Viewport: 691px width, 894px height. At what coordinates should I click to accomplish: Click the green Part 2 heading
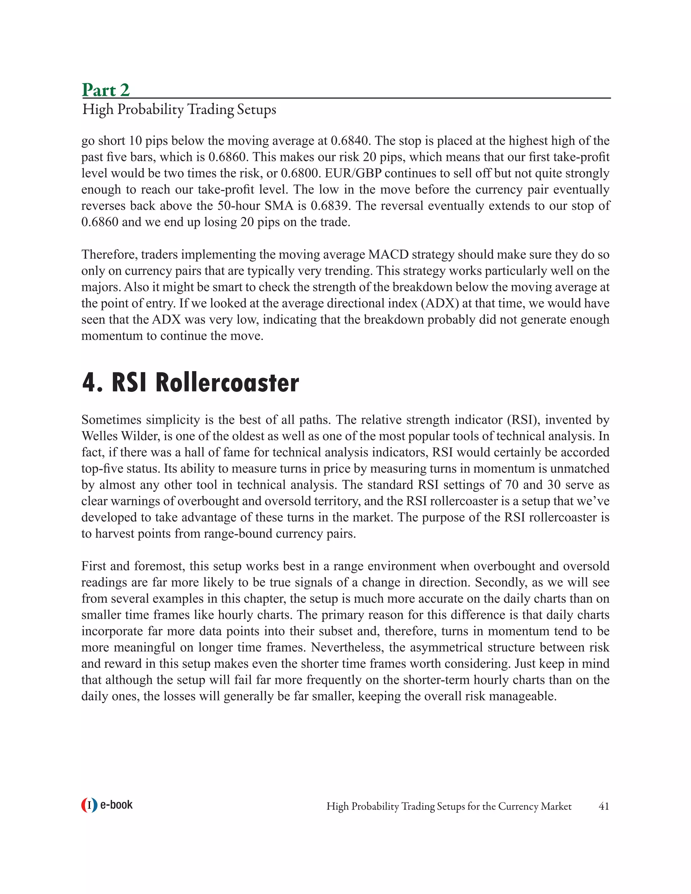(x=106, y=90)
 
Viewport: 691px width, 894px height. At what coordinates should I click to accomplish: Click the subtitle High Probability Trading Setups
(x=179, y=110)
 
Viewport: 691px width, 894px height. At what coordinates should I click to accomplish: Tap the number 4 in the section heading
(x=90, y=383)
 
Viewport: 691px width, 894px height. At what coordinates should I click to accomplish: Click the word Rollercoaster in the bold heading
(x=227, y=383)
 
